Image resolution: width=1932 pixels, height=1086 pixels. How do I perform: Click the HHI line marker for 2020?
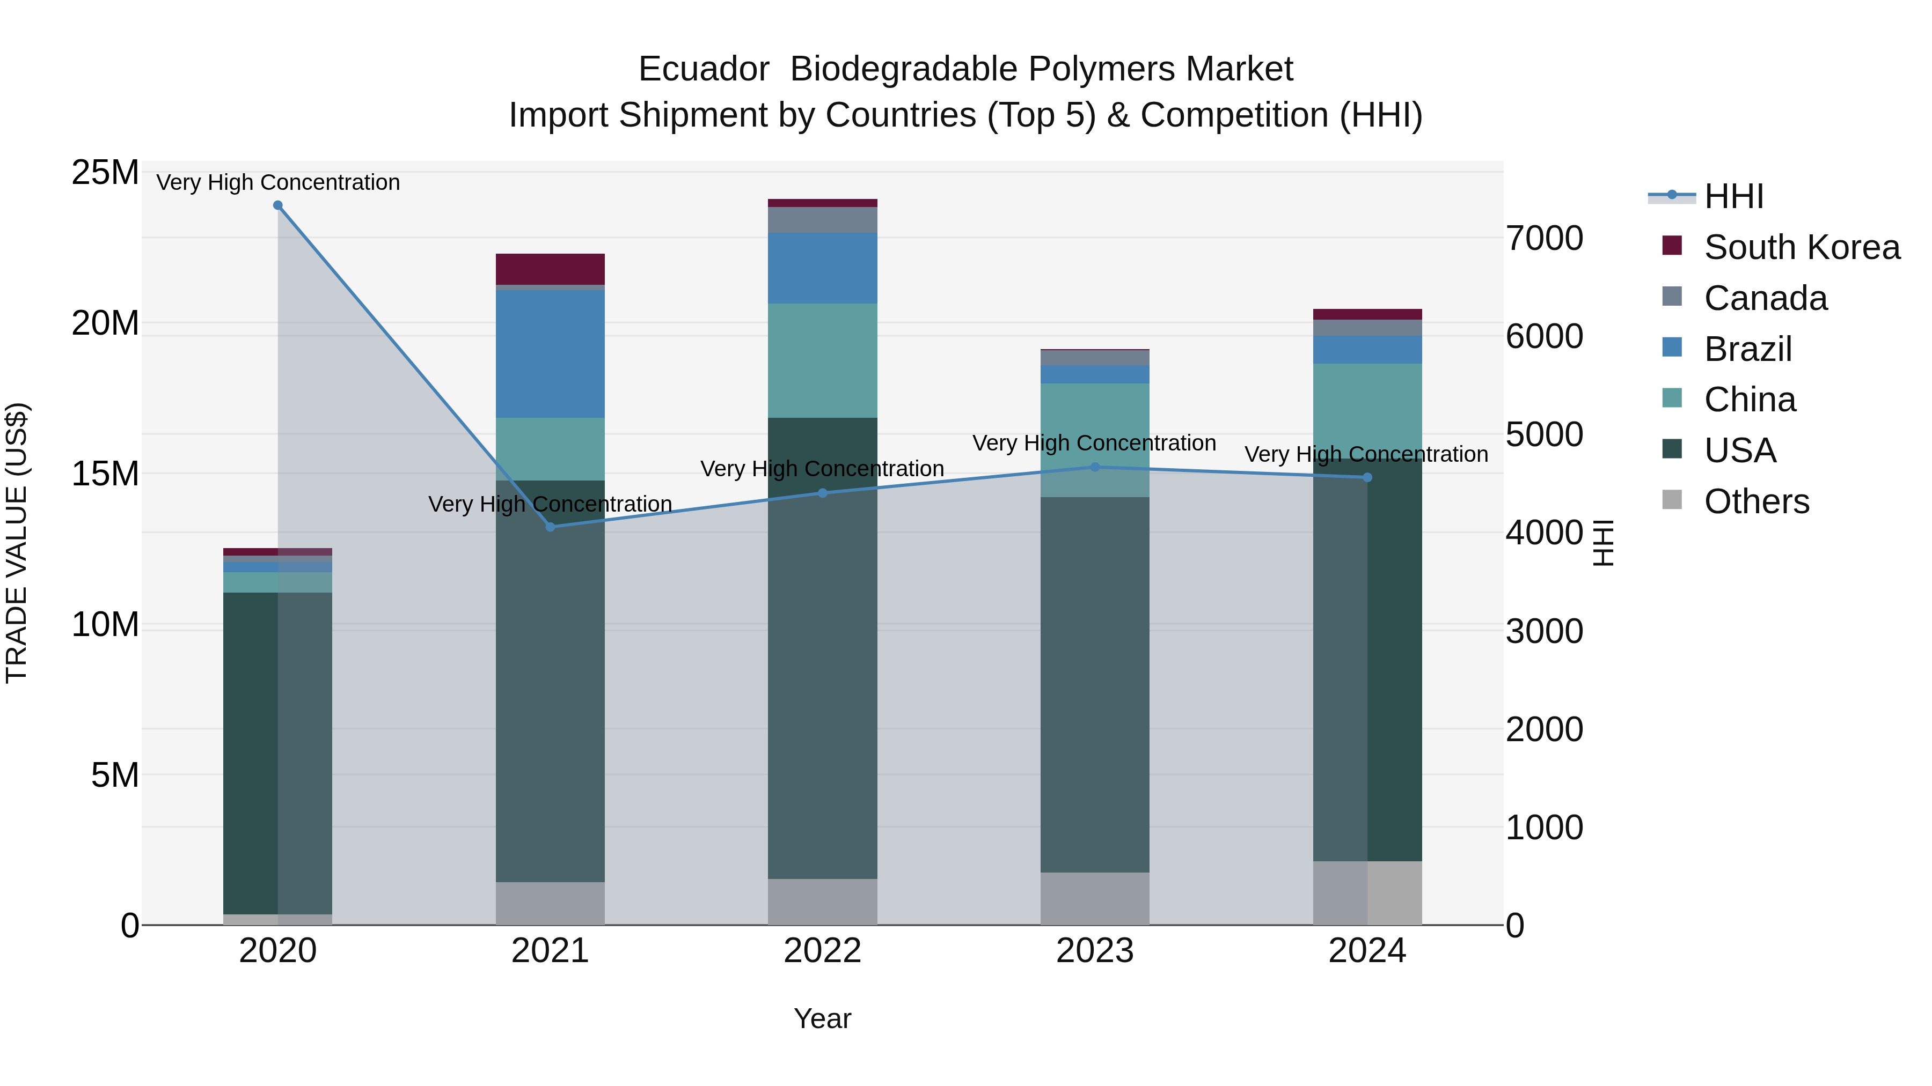click(277, 205)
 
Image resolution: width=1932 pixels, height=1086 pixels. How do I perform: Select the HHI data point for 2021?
click(551, 527)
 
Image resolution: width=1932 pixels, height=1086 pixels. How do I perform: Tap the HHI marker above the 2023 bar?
click(1094, 467)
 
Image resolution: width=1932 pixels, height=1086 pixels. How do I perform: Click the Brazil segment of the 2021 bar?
click(551, 354)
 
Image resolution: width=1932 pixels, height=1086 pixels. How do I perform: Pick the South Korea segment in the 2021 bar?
click(551, 269)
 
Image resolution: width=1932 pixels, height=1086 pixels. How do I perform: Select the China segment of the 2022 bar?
click(823, 360)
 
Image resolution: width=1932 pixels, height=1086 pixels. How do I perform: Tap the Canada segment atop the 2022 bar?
click(823, 219)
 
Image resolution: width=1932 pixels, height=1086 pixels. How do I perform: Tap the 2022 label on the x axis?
click(823, 951)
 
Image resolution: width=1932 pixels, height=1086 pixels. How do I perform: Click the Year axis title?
click(823, 1018)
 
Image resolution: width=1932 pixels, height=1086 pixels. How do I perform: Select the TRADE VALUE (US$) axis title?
click(17, 543)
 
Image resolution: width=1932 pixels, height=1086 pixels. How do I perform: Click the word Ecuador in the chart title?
click(704, 69)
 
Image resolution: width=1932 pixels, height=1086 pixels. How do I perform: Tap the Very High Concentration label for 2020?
click(277, 182)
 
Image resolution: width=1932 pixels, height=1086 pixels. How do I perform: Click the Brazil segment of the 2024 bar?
click(1367, 349)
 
